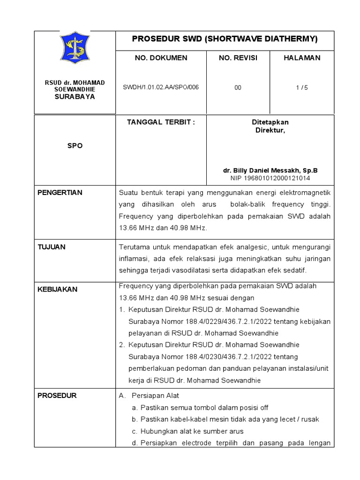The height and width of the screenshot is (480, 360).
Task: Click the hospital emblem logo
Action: coord(75,48)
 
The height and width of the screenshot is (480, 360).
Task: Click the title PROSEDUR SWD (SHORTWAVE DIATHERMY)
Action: coord(225,39)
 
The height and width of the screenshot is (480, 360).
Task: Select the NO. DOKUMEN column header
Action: coord(161,58)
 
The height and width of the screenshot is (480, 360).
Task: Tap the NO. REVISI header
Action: coord(238,58)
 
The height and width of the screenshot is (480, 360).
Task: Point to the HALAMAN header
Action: coord(302,58)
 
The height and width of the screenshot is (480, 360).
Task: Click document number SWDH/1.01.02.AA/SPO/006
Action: coord(161,88)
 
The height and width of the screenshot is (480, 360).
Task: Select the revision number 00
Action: coord(238,88)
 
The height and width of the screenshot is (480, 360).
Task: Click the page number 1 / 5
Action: coord(302,88)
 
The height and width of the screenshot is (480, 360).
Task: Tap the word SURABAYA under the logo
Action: coord(75,97)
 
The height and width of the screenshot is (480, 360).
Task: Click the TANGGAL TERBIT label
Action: coord(161,122)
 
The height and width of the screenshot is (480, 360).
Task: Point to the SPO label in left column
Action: coord(75,146)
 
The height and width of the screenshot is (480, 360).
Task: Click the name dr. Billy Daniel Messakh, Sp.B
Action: coord(270,171)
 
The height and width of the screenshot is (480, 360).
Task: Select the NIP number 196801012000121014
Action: coord(270,178)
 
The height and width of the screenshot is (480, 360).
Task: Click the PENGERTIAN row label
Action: coord(60,193)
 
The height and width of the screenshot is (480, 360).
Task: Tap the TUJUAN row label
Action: coord(52,247)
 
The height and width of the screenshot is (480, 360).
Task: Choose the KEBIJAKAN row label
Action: coord(57,290)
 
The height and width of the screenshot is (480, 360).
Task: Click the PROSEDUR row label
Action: coord(57,396)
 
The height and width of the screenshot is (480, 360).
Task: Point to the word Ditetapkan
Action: coord(270,122)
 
